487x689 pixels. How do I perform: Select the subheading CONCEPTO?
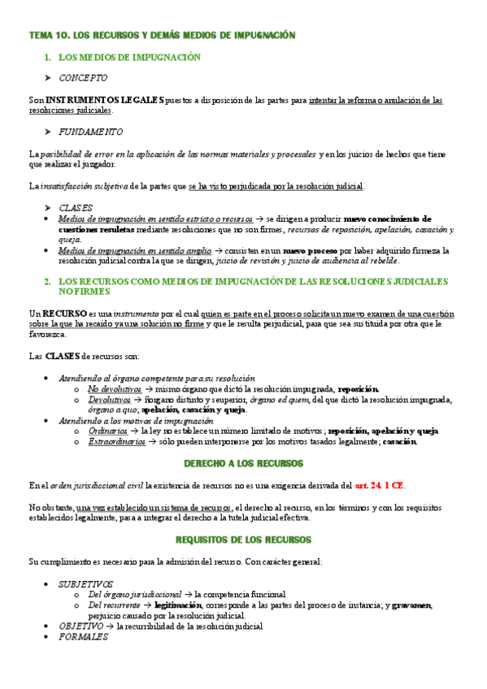(x=83, y=78)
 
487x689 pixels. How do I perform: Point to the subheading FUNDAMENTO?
(x=91, y=132)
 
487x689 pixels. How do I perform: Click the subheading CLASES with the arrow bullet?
(x=76, y=208)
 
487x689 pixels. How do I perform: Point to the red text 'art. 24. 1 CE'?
(x=379, y=486)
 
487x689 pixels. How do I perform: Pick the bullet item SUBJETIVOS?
(x=86, y=584)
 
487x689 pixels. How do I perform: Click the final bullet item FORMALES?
(x=83, y=638)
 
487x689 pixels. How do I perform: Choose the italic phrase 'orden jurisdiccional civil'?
(x=97, y=486)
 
